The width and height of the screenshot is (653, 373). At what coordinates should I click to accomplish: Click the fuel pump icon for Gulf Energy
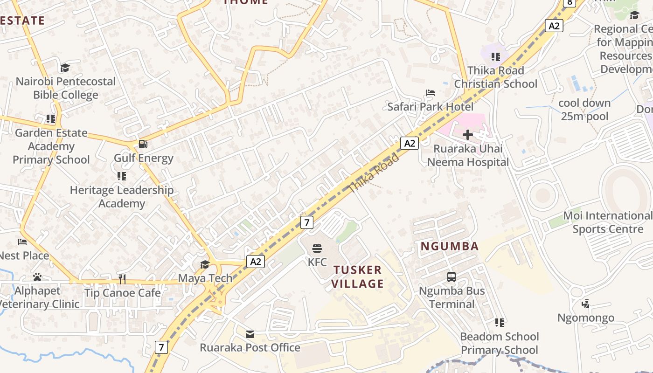[143, 144]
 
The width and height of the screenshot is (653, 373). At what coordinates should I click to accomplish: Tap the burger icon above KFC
[317, 248]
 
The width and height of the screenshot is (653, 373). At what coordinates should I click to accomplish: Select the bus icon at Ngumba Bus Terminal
[451, 276]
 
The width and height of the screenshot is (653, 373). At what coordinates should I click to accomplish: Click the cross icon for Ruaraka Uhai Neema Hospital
[468, 135]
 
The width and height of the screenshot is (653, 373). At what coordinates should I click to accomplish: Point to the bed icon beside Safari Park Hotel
[431, 93]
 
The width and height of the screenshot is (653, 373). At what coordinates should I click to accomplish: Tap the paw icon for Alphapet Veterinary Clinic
[37, 277]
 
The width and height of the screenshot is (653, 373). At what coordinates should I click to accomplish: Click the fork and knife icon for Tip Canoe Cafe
[122, 279]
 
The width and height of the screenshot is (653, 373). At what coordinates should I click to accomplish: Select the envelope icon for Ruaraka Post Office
[250, 334]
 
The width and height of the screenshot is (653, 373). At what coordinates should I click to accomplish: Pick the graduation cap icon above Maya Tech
[205, 264]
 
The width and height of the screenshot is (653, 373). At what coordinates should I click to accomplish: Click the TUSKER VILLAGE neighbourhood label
[358, 276]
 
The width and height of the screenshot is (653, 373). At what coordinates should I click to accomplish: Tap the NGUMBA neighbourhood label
[450, 246]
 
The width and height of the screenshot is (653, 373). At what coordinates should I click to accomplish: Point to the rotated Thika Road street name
[374, 173]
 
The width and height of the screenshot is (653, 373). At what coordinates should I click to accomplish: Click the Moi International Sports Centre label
[608, 222]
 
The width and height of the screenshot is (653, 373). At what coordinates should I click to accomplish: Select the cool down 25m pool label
[584, 110]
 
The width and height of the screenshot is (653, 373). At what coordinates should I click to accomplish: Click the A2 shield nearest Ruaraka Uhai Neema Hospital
[410, 143]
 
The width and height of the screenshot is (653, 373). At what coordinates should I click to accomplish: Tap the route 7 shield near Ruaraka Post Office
[161, 347]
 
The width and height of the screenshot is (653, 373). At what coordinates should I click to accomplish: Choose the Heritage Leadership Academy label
[121, 197]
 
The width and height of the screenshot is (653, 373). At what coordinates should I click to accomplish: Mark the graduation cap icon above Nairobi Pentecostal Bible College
[65, 68]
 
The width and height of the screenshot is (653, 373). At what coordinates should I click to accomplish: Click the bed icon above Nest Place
[22, 242]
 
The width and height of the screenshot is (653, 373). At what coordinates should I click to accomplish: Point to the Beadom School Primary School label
[499, 343]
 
